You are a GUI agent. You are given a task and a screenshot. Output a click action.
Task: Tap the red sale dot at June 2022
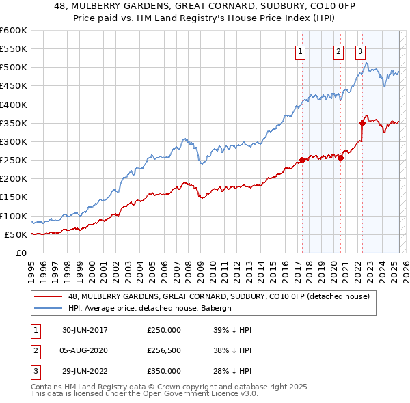coord(362,123)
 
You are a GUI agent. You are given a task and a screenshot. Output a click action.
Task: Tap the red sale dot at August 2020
coord(340,158)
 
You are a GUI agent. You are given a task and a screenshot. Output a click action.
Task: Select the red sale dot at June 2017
coord(302,161)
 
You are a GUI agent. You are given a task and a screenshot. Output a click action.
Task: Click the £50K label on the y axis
coord(16,234)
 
